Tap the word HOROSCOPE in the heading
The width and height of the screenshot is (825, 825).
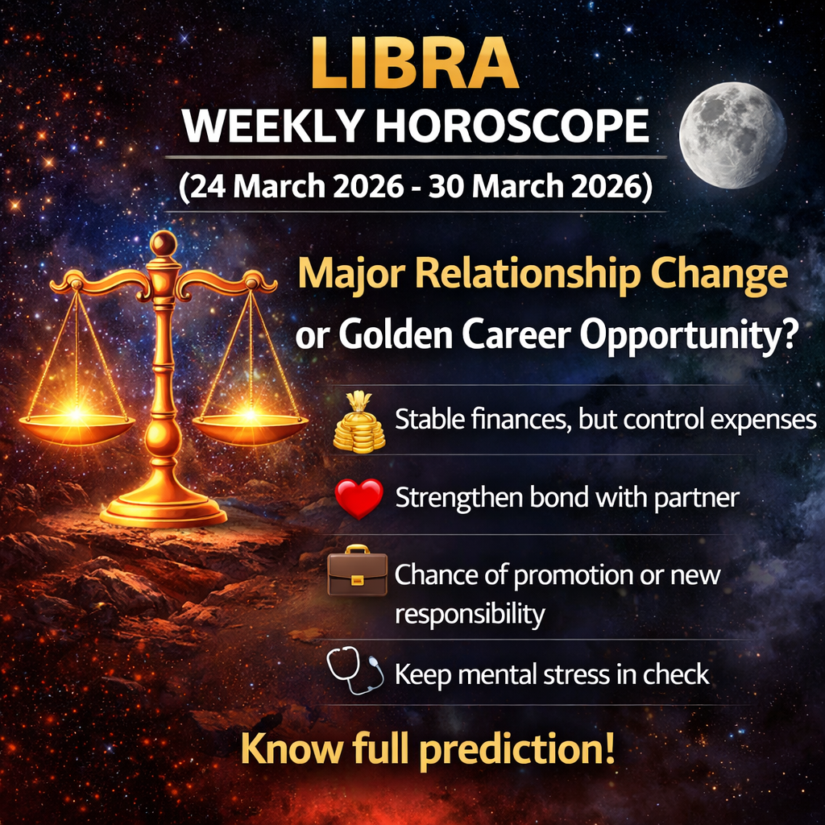point(512,126)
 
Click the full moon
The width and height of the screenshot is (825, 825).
point(732,135)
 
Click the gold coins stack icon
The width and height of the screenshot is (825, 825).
point(359,422)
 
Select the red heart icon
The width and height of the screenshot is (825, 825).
point(359,498)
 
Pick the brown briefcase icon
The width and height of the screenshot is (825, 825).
point(357,571)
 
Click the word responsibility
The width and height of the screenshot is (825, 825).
point(470,614)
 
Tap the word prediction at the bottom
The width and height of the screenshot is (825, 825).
point(517,749)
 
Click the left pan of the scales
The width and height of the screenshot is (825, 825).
point(77,426)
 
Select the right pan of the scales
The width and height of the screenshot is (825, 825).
point(250,426)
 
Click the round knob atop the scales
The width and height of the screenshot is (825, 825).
point(163,243)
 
